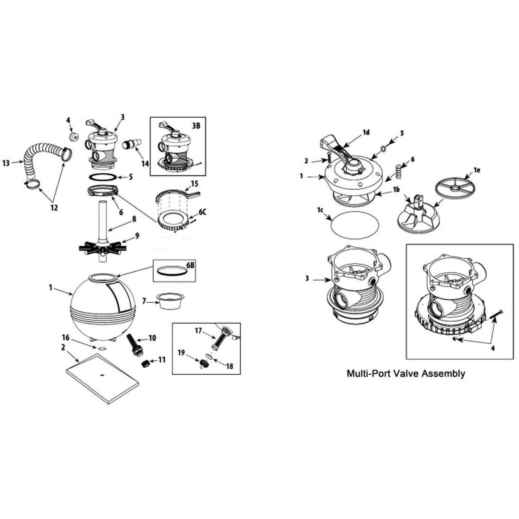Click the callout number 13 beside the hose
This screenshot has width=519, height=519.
pos(6,162)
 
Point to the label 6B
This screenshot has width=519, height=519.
pos(191,265)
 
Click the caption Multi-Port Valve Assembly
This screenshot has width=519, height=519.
pos(406,374)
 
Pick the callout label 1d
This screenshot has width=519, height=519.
pos(366,132)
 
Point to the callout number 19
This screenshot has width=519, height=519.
pos(181,353)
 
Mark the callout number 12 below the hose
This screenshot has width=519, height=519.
pos(54,208)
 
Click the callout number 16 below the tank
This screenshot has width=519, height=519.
pos(65,337)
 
